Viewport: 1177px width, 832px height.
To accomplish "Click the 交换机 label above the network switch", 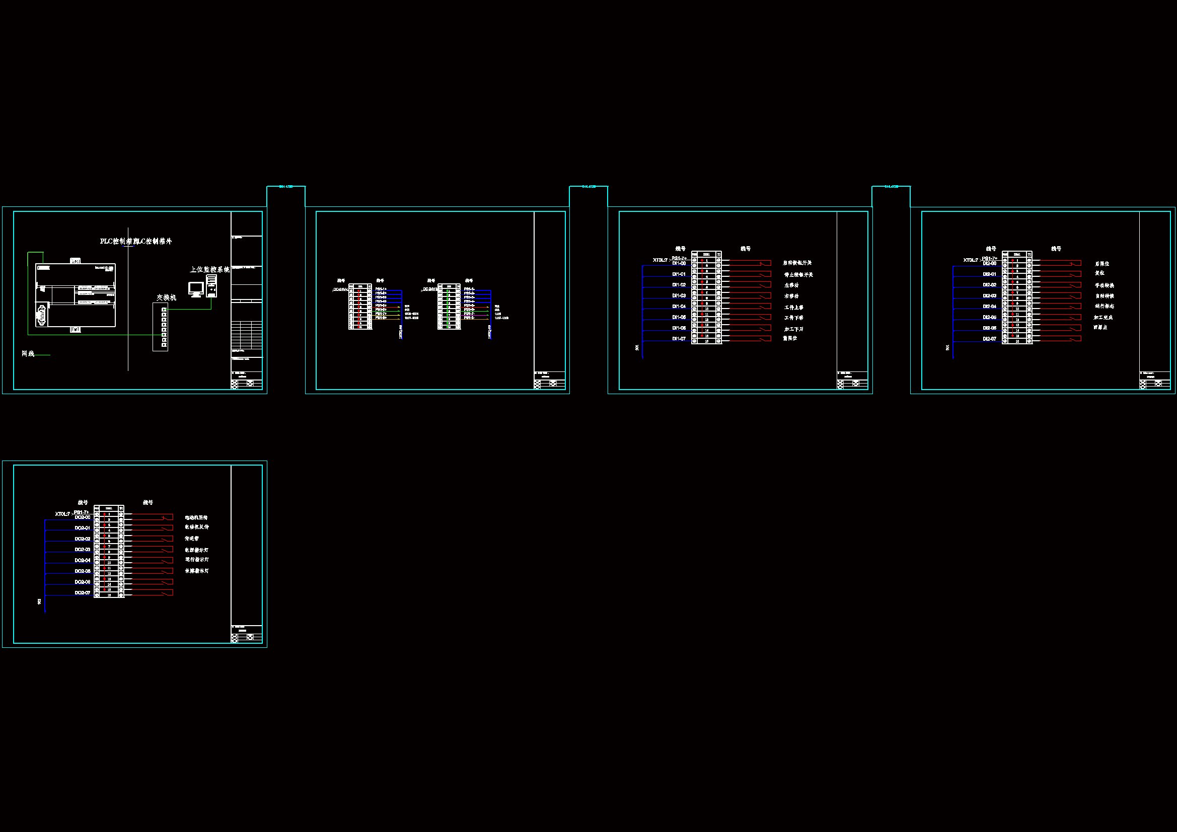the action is coord(166,297).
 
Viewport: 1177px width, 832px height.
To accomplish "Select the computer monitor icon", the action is coord(196,289).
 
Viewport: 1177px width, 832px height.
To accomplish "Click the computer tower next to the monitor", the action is coord(211,285).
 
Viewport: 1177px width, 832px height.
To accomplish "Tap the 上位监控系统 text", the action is coord(209,270).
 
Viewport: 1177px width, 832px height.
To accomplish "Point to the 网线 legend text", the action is coord(28,354).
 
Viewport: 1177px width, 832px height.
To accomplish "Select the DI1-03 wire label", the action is coord(679,296).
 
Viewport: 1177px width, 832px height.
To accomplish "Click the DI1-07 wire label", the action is coord(679,339).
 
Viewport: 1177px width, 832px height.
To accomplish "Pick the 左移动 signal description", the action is coord(791,285).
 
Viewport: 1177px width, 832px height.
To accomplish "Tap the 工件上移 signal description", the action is coord(793,308).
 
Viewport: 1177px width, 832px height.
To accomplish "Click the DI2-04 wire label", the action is coord(989,307).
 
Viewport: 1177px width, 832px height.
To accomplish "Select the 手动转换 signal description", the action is coord(1104,285).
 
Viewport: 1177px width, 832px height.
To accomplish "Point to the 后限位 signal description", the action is coord(1102,264).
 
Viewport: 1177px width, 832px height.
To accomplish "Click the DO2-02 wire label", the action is coord(82,539).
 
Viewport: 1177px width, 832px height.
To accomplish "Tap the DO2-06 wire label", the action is coord(82,582).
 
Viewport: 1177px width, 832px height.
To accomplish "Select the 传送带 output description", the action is coord(192,539).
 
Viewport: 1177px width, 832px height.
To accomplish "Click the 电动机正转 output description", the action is coord(196,518).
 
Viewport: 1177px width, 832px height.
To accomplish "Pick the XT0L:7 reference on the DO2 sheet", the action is coord(62,514).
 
